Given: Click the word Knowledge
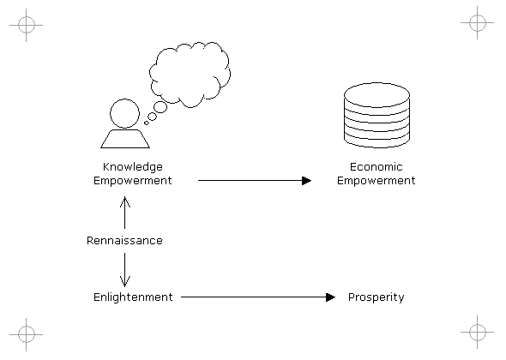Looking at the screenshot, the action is (133, 167).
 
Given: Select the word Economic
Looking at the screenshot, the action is (376, 167).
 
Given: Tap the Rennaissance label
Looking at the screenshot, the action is (124, 240).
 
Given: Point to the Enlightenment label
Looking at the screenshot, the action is (133, 297).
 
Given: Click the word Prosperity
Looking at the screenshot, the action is (376, 297).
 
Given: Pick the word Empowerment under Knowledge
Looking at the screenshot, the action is (133, 181).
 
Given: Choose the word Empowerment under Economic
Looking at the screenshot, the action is (376, 181).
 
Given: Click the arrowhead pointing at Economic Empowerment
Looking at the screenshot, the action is (306, 181).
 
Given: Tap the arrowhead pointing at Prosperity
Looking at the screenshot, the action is (331, 297).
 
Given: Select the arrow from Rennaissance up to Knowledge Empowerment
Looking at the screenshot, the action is (125, 213).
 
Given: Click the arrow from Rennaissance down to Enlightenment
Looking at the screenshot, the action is (125, 270).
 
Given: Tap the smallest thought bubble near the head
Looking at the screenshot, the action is (147, 123).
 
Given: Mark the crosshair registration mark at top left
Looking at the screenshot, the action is (26, 25).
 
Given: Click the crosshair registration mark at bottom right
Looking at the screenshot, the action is (478, 332).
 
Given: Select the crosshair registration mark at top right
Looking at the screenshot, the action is (478, 22).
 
